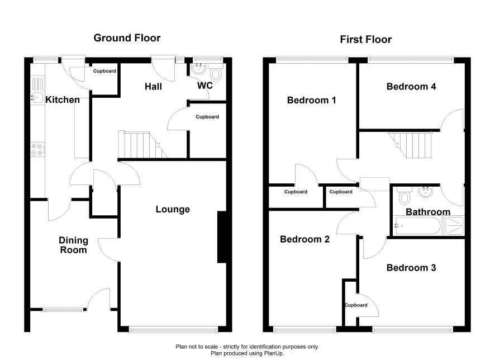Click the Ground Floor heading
pyautogui.click(x=127, y=38)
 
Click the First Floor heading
pyautogui.click(x=365, y=40)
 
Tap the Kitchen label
pyautogui.click(x=63, y=100)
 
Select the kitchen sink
pyautogui.click(x=37, y=97)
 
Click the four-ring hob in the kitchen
pyautogui.click(x=37, y=150)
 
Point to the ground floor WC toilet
pyautogui.click(x=216, y=74)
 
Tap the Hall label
pyautogui.click(x=153, y=87)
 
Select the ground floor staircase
pyautogui.click(x=142, y=145)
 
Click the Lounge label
pyautogui.click(x=173, y=210)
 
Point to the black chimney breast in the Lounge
pyautogui.click(x=222, y=237)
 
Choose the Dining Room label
pyautogui.click(x=73, y=245)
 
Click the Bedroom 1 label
pyautogui.click(x=311, y=101)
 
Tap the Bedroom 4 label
pyautogui.click(x=411, y=87)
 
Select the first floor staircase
pyautogui.click(x=410, y=145)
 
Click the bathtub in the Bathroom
pyautogui.click(x=417, y=225)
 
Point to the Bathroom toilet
pyautogui.click(x=404, y=196)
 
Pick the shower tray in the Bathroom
pyautogui.click(x=454, y=225)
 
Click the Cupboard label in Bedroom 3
pyautogui.click(x=356, y=305)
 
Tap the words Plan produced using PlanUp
pyautogui.click(x=247, y=353)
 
